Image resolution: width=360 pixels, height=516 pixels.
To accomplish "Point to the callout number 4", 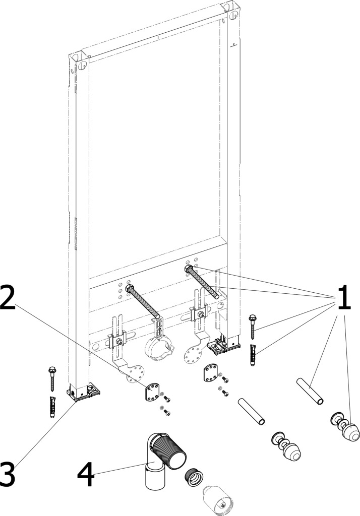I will (x=86, y=474).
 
